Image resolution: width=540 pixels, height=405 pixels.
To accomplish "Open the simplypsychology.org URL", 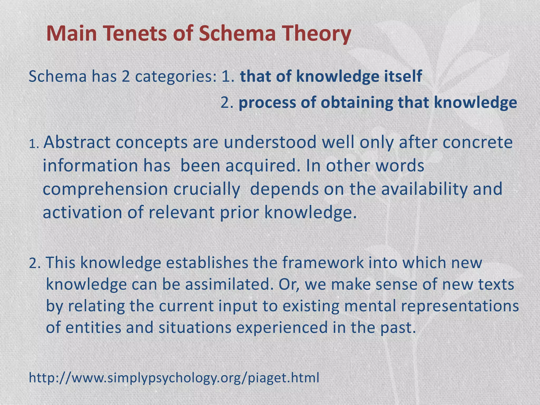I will pyautogui.click(x=174, y=378).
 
